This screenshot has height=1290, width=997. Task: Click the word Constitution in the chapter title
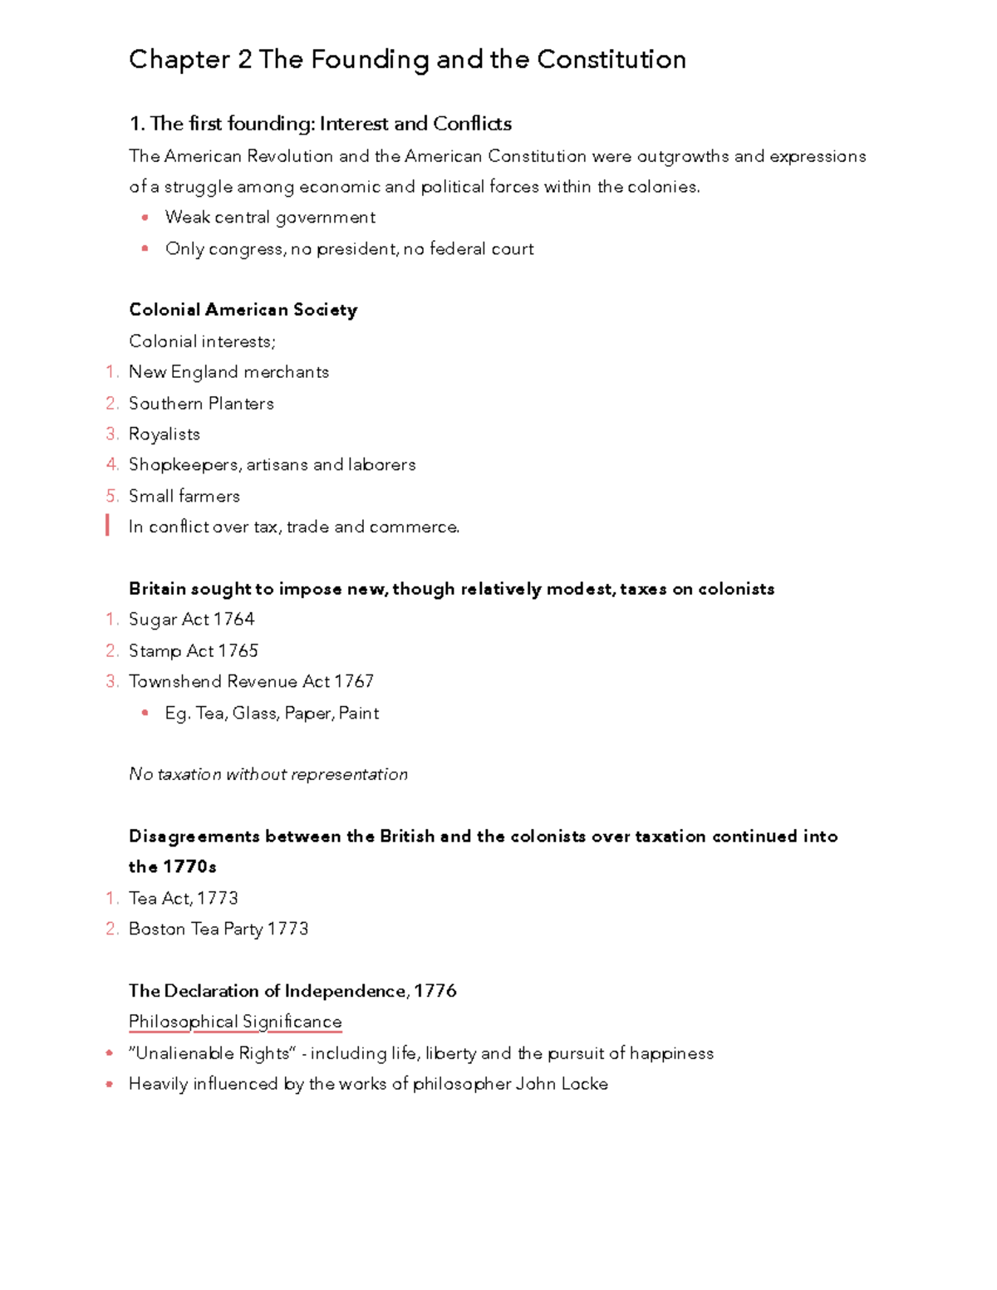coord(611,60)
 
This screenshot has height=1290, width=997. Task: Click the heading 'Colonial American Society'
coord(243,310)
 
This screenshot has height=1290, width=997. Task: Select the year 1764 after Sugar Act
coord(233,620)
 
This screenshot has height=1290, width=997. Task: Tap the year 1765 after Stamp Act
coord(238,650)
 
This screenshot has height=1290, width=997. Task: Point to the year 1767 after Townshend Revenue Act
coord(354,682)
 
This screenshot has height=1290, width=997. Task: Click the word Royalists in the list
coord(165,434)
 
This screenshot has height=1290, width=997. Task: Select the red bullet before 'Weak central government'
coord(145,218)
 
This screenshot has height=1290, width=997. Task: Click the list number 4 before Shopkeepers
coord(112,465)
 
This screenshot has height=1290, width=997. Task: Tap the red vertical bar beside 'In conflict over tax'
coord(108,525)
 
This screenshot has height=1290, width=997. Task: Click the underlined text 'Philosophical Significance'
coord(235,1022)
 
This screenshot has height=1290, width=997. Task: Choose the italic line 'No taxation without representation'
coord(268,774)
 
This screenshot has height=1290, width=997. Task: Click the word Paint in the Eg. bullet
coord(359,714)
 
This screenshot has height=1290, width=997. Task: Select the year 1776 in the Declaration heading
coord(435,991)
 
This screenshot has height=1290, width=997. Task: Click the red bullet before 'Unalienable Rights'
coord(109,1053)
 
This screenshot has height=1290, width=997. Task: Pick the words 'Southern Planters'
coord(201,404)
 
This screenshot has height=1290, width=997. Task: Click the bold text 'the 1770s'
coord(172,867)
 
